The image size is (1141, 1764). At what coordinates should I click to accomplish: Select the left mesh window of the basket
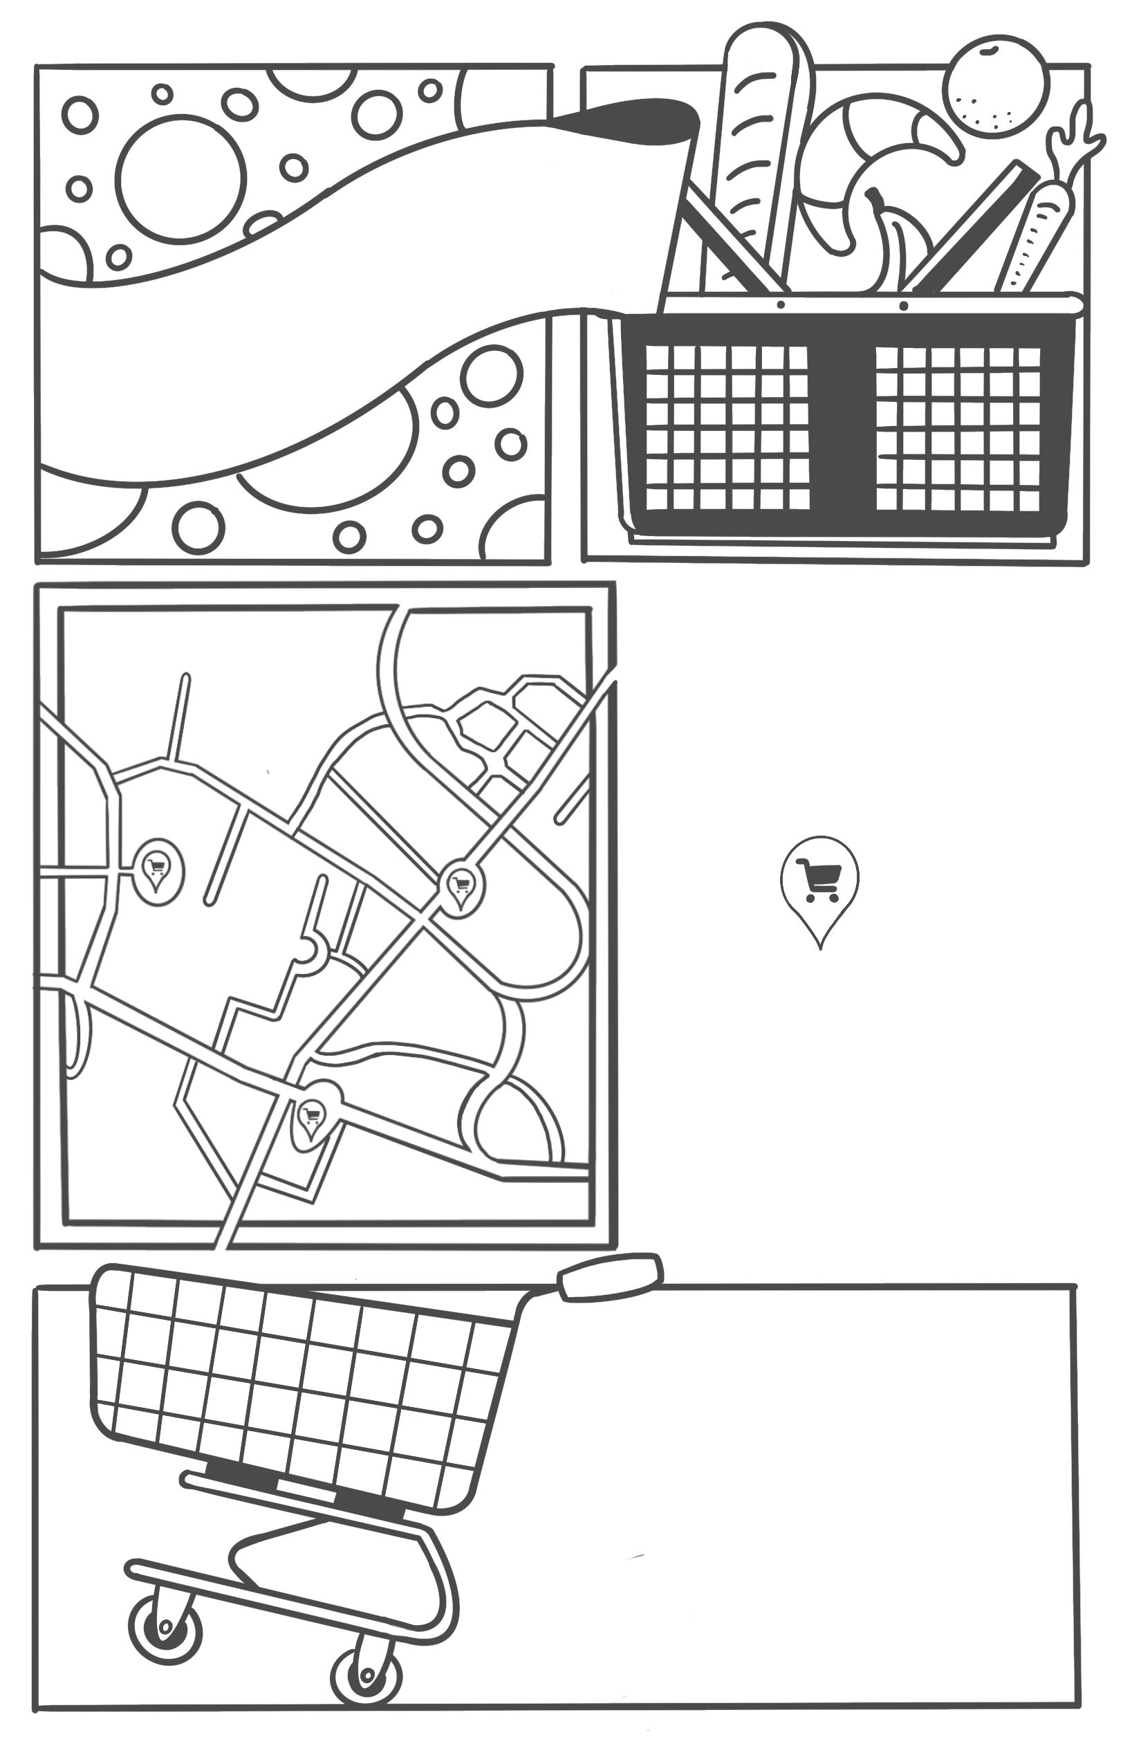(x=726, y=428)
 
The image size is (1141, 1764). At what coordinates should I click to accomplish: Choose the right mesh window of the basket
(x=957, y=428)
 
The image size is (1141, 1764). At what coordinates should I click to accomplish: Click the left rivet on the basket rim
(x=781, y=304)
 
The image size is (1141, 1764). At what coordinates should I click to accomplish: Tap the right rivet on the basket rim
(x=903, y=305)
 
